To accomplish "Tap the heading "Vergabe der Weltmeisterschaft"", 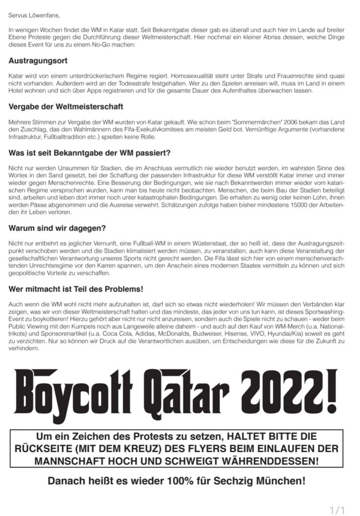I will (x=66, y=106).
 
